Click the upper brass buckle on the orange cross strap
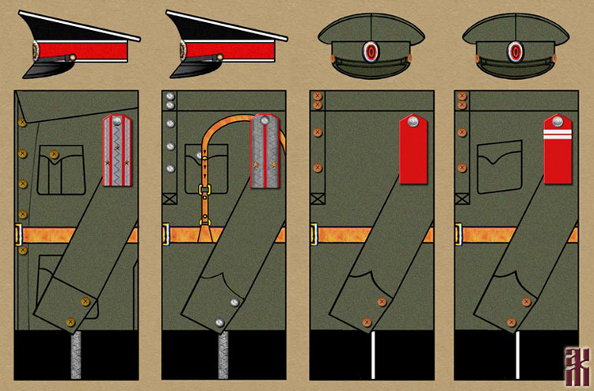pos(204,190)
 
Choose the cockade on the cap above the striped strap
pos(515,53)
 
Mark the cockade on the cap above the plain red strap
pos(371,53)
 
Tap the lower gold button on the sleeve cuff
pos(71,321)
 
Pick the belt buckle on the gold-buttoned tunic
pos(18,234)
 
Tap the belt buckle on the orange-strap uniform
pos(166,234)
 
